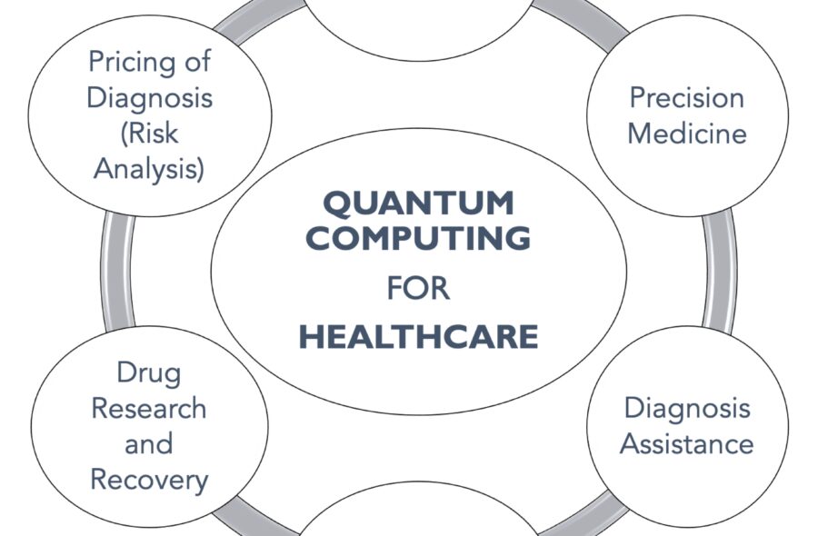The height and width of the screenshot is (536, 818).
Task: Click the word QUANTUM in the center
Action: pyautogui.click(x=418, y=203)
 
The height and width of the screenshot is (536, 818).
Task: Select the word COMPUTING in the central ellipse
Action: pyautogui.click(x=418, y=238)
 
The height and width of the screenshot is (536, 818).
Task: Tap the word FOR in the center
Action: pyautogui.click(x=418, y=289)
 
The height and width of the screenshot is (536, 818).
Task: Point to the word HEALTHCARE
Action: pyautogui.click(x=418, y=337)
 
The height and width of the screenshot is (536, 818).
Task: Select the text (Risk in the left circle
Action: pyautogui.click(x=149, y=134)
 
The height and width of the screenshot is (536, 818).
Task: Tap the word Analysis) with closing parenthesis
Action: pyautogui.click(x=149, y=169)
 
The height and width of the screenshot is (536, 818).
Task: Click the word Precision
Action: pyautogui.click(x=686, y=98)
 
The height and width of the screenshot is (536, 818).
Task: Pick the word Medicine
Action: pyautogui.click(x=686, y=134)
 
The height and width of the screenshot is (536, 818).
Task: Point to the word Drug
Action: pyautogui.click(x=149, y=372)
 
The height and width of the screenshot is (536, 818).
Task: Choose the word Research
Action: pyautogui.click(x=149, y=408)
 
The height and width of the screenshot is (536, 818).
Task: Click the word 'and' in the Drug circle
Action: pyautogui.click(x=149, y=443)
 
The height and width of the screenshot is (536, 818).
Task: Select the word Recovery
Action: pyautogui.click(x=149, y=479)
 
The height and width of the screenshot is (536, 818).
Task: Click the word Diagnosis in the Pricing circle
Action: pyautogui.click(x=149, y=98)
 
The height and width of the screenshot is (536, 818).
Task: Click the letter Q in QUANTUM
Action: pyautogui.click(x=337, y=203)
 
